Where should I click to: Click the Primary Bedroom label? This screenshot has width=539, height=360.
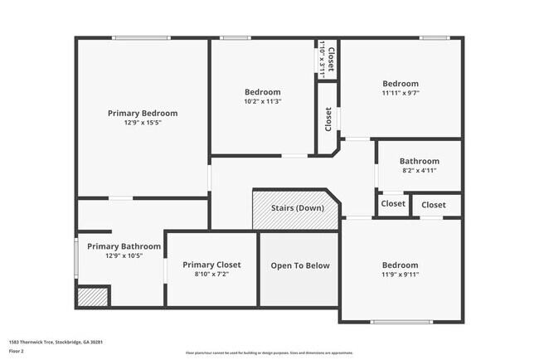click(143, 113)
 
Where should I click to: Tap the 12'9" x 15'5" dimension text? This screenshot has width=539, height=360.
click(143, 123)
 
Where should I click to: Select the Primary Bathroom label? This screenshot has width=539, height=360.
click(124, 246)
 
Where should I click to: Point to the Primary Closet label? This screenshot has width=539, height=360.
click(211, 265)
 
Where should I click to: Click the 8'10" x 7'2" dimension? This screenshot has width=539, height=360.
click(211, 274)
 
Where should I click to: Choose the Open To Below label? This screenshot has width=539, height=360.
click(300, 266)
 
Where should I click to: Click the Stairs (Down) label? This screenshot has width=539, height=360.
click(298, 207)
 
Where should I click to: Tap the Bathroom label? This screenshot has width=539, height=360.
click(419, 161)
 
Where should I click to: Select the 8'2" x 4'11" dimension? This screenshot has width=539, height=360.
click(419, 171)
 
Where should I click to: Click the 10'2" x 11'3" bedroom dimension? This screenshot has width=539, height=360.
click(263, 101)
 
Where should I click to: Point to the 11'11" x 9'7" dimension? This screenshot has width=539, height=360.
click(401, 93)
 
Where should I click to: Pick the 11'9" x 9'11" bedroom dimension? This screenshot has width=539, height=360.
click(401, 274)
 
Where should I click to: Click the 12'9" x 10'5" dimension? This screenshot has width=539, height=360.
click(124, 255)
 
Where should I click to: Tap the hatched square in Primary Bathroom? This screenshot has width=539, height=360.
click(93, 297)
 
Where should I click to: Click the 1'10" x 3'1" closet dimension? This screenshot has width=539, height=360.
click(322, 59)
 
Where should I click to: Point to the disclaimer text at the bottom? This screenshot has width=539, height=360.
click(269, 353)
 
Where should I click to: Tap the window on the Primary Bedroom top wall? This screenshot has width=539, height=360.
click(142, 38)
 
